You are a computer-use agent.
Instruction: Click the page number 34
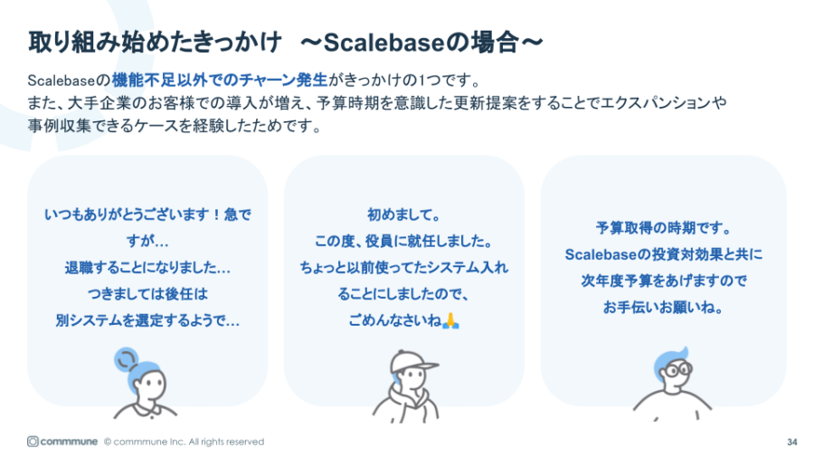click(792, 442)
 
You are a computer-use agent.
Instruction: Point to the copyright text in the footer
click(184, 442)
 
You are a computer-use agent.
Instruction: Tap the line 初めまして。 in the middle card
click(403, 215)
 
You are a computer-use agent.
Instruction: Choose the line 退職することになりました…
click(147, 268)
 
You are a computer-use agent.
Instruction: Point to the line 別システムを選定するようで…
click(147, 320)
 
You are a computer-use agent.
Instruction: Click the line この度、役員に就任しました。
click(403, 242)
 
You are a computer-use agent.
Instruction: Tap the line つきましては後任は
click(147, 294)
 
